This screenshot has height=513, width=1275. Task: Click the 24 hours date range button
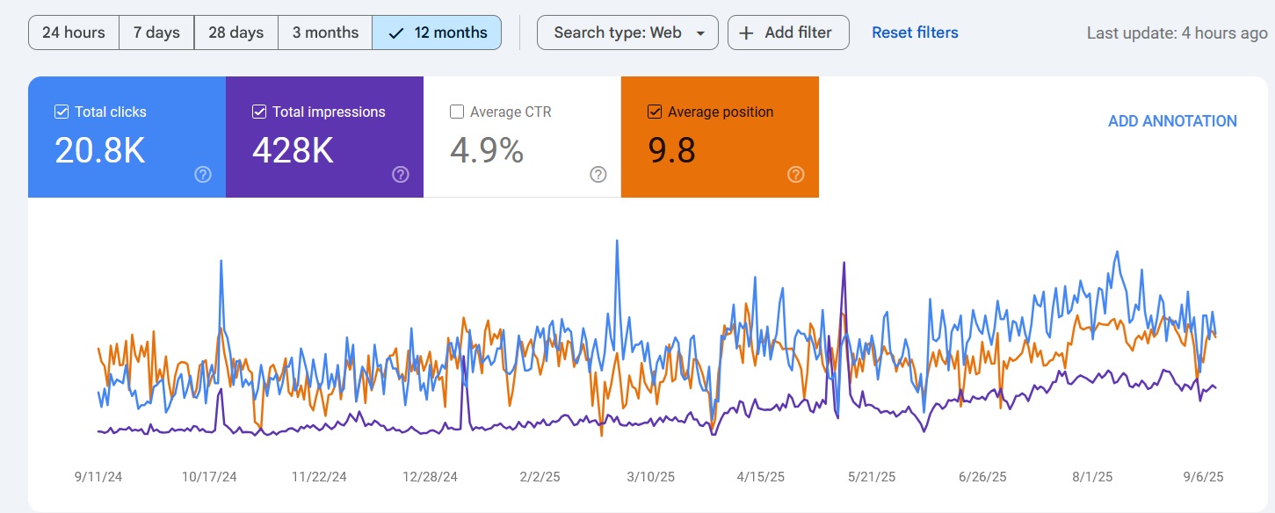[74, 33]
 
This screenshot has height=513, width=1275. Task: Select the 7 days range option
[156, 33]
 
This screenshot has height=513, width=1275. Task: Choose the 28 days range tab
[235, 33]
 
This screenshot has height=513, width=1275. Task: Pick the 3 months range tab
[325, 33]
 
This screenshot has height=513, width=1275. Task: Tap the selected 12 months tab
[437, 33]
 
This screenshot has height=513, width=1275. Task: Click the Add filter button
[787, 33]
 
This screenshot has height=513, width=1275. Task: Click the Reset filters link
[915, 33]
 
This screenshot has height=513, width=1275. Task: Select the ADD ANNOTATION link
[1172, 121]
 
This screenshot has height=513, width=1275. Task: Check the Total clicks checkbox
[62, 112]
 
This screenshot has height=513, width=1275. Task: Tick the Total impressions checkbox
[259, 112]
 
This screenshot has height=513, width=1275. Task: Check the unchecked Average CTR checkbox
[457, 112]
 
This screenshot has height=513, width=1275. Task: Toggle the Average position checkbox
[655, 112]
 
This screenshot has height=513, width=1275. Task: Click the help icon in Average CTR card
[598, 174]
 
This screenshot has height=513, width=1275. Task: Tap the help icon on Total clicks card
[203, 174]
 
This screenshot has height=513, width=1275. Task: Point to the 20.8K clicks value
[99, 151]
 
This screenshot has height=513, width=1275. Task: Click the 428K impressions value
[293, 151]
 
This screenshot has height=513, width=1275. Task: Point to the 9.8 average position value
[672, 151]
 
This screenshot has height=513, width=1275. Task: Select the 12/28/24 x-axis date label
[431, 477]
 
